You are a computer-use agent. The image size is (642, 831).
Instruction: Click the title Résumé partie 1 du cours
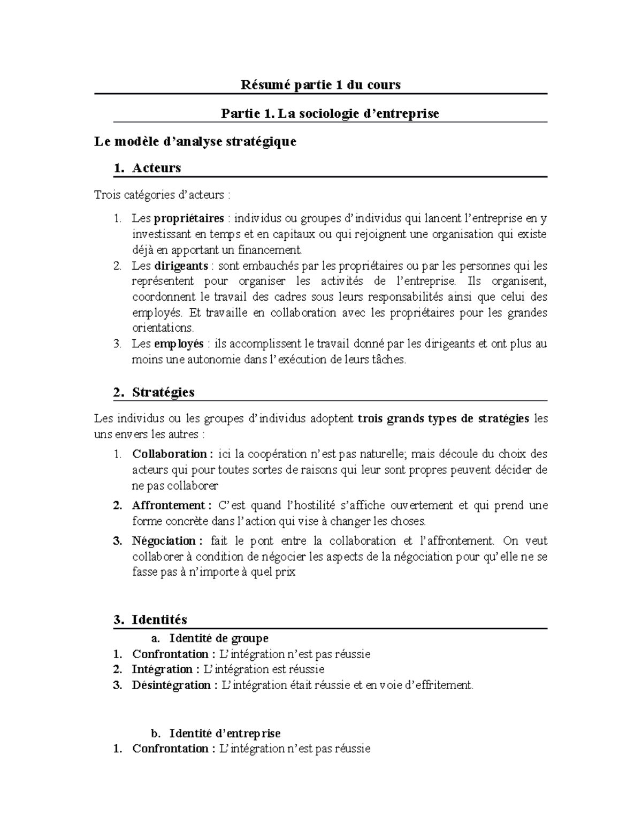click(x=320, y=85)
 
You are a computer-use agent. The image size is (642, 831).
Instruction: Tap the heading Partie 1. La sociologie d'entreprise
click(x=330, y=113)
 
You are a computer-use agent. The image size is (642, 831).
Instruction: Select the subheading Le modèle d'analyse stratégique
click(x=195, y=142)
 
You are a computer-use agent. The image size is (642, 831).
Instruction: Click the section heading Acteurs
click(x=156, y=168)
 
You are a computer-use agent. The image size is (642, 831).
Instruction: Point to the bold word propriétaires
click(x=189, y=218)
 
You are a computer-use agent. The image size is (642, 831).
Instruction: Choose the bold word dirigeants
click(x=181, y=266)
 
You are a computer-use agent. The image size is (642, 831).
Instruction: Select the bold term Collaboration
click(x=170, y=454)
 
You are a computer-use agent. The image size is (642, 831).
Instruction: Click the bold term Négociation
click(x=165, y=541)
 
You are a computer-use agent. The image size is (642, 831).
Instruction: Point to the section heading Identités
click(x=159, y=620)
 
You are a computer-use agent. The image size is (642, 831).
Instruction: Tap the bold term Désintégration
click(x=171, y=685)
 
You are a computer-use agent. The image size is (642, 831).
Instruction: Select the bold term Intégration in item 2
click(x=162, y=669)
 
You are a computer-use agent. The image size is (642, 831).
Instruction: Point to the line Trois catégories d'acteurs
click(x=158, y=195)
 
